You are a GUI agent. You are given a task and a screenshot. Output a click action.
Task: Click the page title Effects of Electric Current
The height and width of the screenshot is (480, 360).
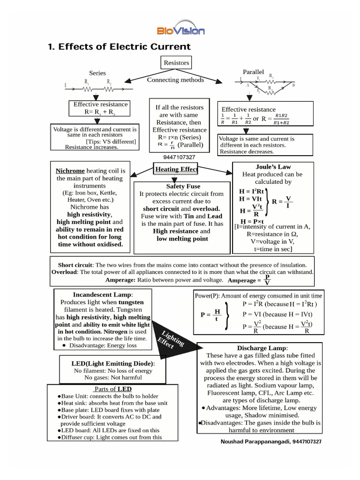pos(120,47)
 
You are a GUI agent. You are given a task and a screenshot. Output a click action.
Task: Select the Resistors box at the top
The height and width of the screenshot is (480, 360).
pos(176,62)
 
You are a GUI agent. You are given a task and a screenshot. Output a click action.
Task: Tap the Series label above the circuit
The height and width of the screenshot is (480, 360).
pos(97,73)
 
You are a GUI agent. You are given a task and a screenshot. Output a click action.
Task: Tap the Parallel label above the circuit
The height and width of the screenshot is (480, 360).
pos(253,72)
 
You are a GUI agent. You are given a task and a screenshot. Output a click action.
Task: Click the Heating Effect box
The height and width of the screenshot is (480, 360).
pos(176,169)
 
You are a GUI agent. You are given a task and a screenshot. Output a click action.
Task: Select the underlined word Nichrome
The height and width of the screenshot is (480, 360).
pos(70,171)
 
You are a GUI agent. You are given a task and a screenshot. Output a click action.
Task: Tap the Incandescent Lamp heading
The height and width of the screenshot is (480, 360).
pos(103,294)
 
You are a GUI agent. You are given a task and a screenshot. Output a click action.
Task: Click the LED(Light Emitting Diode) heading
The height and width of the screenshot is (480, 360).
pos(112,363)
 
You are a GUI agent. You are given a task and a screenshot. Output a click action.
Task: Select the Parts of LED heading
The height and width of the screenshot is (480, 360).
pos(112,389)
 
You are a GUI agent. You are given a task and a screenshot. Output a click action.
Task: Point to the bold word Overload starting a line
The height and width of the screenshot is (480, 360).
pos(63,272)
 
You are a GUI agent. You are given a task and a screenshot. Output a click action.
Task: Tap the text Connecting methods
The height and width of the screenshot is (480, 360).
pos(175,80)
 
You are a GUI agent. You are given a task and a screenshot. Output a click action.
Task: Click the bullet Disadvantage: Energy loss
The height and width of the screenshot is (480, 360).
pos(102,345)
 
